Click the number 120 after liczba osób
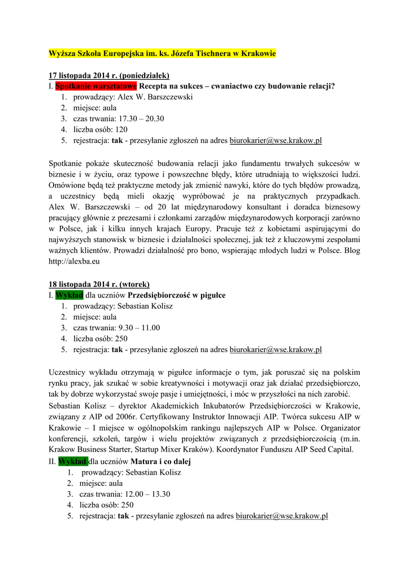(x=121, y=129)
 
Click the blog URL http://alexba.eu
(x=75, y=261)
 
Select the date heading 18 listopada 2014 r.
(x=99, y=284)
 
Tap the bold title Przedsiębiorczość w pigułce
(x=177, y=295)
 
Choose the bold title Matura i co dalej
(x=161, y=462)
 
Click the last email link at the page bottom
(x=282, y=516)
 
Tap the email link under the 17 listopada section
(x=276, y=141)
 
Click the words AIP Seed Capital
(x=321, y=449)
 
